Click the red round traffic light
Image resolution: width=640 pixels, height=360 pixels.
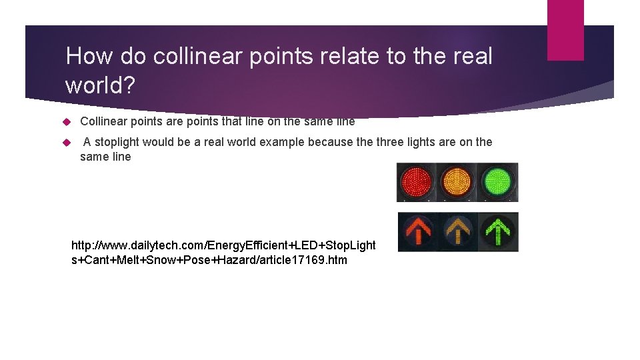click(x=416, y=181)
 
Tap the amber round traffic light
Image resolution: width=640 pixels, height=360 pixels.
click(x=456, y=181)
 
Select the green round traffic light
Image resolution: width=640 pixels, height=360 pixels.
click(x=497, y=181)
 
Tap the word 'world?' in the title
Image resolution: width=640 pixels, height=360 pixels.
click(x=99, y=85)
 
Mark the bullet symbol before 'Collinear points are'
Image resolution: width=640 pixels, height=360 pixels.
click(x=66, y=122)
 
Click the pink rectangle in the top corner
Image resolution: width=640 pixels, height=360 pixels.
click(x=565, y=30)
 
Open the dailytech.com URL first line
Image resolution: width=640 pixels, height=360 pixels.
click(x=223, y=245)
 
